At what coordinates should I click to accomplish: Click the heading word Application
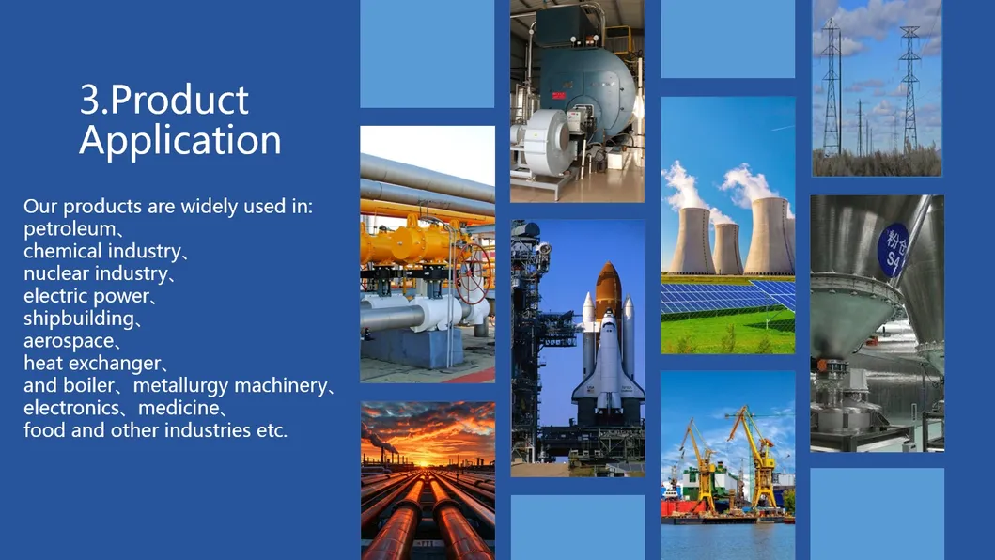[179, 141]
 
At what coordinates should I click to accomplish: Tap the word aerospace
[67, 341]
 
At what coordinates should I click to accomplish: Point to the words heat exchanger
[92, 364]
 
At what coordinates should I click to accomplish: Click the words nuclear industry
[95, 273]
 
